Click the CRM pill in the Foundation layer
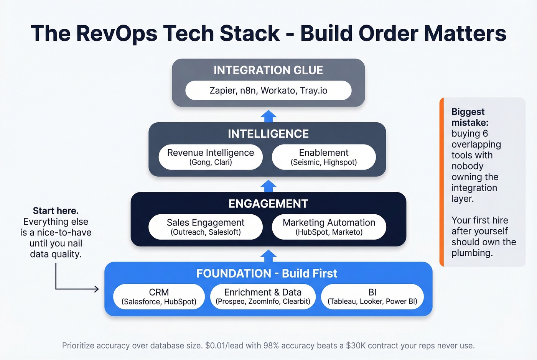point(159,296)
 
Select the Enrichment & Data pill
point(263,296)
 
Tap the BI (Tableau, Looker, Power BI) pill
point(372,296)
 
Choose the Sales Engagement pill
point(206,227)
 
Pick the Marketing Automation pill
point(329,227)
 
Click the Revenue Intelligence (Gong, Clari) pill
point(211,157)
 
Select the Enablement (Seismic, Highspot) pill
point(324,157)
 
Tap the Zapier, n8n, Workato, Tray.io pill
point(268,90)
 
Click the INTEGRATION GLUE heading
point(268,70)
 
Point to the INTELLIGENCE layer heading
point(268,134)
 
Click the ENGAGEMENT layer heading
point(268,204)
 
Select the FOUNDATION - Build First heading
point(267,273)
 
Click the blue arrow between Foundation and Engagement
point(268,256)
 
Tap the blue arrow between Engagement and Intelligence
point(268,186)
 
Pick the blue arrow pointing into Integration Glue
point(268,116)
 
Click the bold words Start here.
point(56,211)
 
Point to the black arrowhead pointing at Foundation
point(97,289)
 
